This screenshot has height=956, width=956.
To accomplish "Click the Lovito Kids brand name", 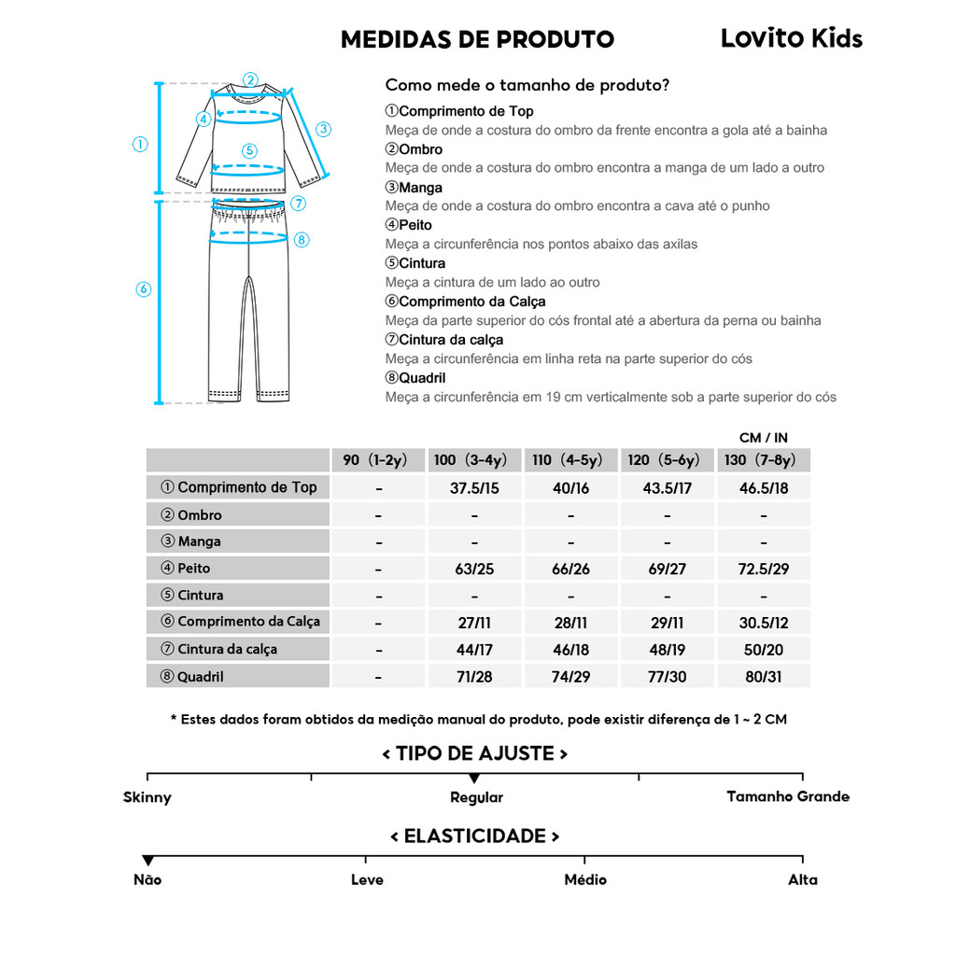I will tap(791, 38).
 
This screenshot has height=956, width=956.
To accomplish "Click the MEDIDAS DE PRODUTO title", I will tap(477, 39).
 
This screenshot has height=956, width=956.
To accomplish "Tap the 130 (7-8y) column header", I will tap(760, 460).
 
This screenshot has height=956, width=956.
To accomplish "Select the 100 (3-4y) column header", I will tap(471, 460).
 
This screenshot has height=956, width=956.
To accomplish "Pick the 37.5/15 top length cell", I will tap(474, 488).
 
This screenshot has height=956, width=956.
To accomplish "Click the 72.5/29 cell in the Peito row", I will tap(763, 569).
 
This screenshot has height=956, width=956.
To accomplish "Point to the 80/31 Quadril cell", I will tap(763, 677).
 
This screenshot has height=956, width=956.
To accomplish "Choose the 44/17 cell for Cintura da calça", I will tap(474, 650).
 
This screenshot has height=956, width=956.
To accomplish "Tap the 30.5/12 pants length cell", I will tap(763, 623).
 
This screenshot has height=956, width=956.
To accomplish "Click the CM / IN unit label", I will tap(764, 438).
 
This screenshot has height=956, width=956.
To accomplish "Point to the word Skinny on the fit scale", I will tap(148, 797).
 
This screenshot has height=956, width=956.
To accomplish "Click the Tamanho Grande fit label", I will tap(788, 796).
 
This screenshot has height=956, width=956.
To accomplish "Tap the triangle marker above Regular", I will tap(474, 779).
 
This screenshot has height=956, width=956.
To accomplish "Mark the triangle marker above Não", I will tap(148, 860).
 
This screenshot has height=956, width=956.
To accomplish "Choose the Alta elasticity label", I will tap(802, 879).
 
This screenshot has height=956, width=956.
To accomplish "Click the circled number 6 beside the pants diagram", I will tap(143, 289).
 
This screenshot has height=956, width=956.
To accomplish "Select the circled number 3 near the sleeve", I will tap(323, 129).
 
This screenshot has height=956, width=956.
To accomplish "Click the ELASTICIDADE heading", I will tap(474, 836).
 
